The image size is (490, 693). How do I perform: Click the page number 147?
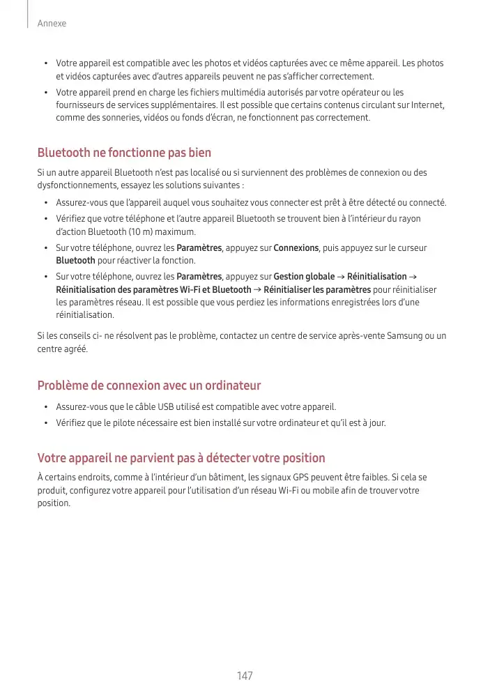245,676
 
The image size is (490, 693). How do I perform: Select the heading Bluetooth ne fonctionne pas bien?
124,152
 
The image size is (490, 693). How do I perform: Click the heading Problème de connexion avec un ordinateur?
149,386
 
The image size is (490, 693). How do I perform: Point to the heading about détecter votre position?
181,458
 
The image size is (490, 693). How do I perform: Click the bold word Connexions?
296,248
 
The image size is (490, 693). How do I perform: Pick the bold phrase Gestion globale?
304,277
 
